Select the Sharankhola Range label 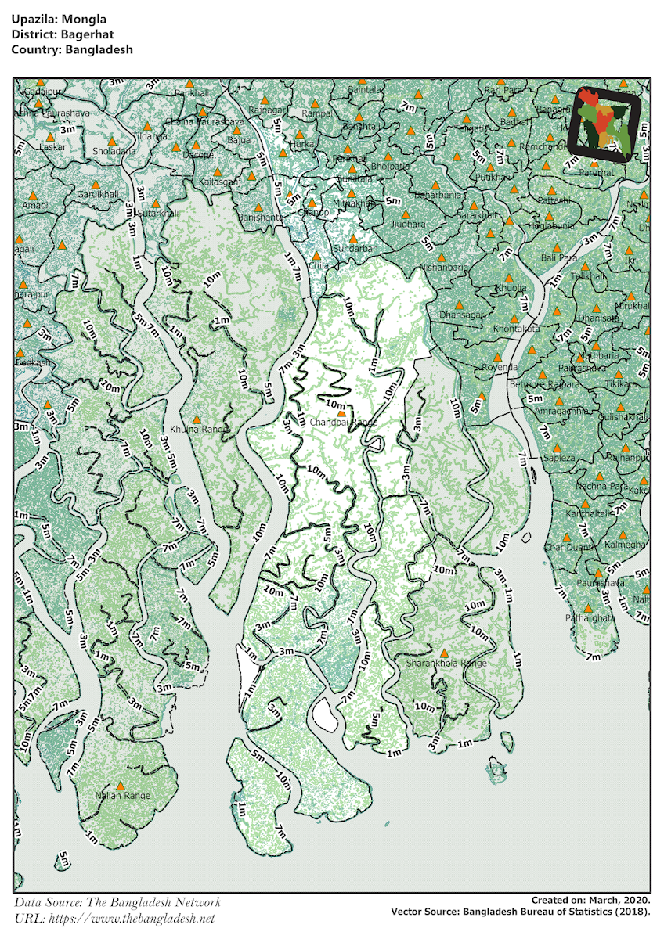coord(446,663)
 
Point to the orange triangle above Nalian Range coord(121,786)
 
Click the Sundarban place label coord(355,248)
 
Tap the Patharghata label coord(590,617)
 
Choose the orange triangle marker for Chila coord(316,256)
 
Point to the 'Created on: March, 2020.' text coord(590,901)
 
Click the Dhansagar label coord(462,315)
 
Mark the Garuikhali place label coord(97,193)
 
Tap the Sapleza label coord(559,458)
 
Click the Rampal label coord(317,113)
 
